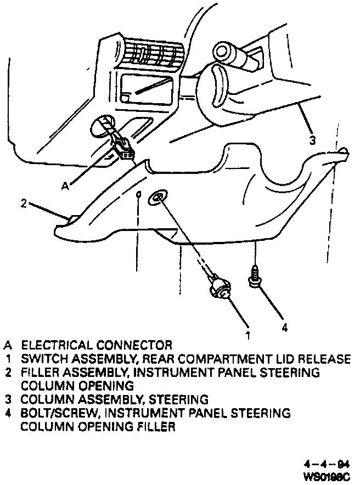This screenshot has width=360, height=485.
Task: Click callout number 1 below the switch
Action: click(248, 333)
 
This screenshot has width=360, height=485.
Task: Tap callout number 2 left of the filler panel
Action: click(24, 203)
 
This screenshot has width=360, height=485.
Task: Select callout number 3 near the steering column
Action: click(312, 140)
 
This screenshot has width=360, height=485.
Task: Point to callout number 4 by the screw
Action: click(284, 328)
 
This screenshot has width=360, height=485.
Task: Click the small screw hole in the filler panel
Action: click(139, 194)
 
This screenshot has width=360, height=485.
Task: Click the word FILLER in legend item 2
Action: click(38, 373)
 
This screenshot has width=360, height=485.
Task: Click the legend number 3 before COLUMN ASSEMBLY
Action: click(9, 399)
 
